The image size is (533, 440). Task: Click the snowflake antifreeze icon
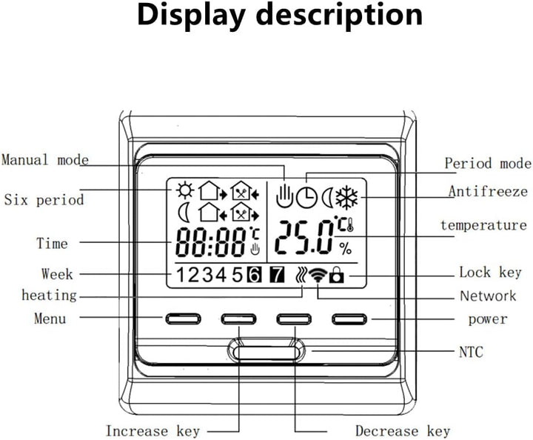click(x=346, y=198)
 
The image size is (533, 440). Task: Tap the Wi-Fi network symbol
click(x=318, y=274)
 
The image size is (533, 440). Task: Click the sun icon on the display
click(x=185, y=190)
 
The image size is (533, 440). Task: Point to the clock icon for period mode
click(x=306, y=198)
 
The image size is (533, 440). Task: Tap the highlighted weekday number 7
click(x=277, y=275)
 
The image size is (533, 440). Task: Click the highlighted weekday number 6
click(x=254, y=275)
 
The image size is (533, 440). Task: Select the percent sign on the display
click(x=346, y=249)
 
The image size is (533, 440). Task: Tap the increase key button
click(x=238, y=319)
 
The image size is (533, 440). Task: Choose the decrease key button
click(x=294, y=319)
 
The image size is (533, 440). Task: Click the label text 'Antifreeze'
click(x=488, y=191)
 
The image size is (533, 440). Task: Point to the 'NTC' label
click(x=471, y=352)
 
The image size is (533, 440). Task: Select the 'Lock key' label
click(x=490, y=273)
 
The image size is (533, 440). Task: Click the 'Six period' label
click(x=44, y=199)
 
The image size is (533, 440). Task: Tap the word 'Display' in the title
click(x=191, y=16)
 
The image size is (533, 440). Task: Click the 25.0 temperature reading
click(x=304, y=237)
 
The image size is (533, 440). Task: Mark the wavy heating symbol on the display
click(x=301, y=275)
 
